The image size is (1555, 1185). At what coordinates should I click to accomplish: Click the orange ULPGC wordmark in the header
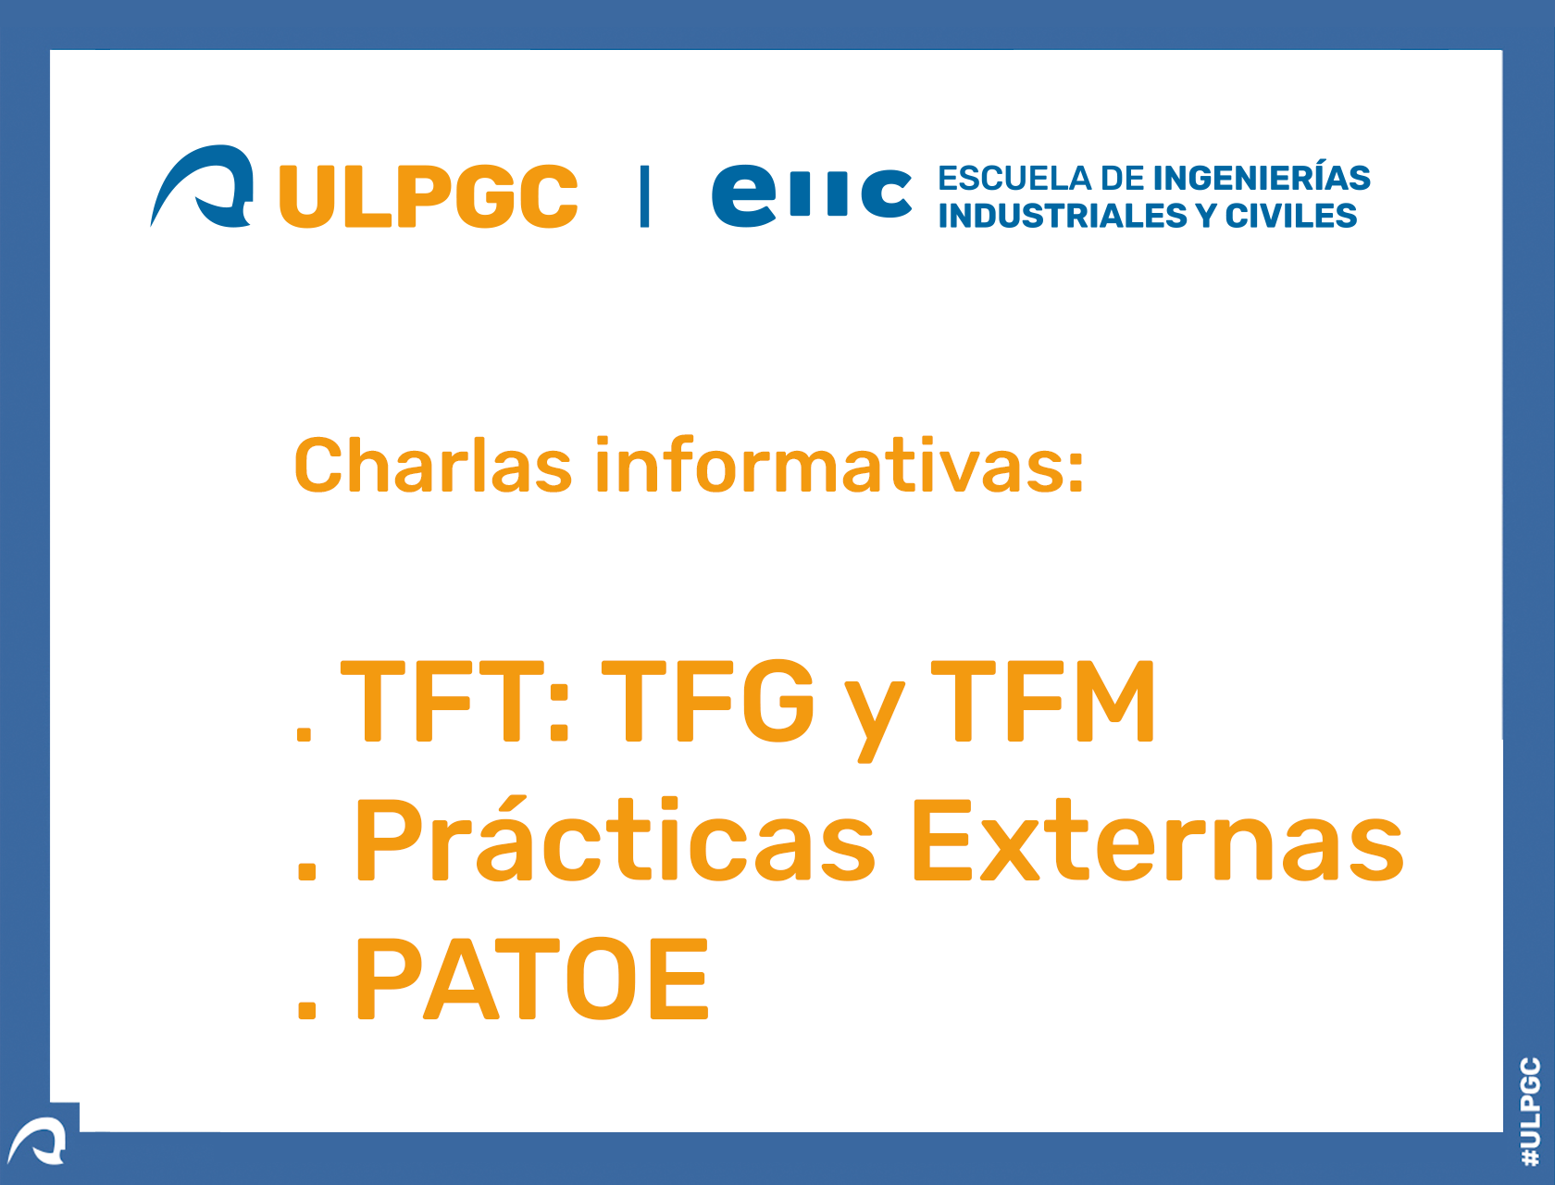(x=429, y=196)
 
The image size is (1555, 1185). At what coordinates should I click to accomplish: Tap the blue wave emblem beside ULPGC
(x=202, y=185)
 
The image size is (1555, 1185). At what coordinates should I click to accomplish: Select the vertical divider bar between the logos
(x=644, y=196)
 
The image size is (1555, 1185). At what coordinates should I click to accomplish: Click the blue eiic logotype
(x=812, y=196)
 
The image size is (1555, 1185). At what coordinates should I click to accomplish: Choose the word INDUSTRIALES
(x=1063, y=216)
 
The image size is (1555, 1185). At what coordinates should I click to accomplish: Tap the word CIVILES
(x=1291, y=216)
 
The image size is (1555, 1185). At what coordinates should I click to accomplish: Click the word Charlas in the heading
(x=433, y=465)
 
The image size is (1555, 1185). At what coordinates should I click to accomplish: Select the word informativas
(x=840, y=465)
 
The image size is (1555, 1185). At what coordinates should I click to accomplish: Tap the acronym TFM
(x=1042, y=701)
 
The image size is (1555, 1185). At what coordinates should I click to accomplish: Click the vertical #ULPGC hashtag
(x=1530, y=1111)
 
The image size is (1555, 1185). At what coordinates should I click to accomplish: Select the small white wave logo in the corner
(x=37, y=1141)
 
